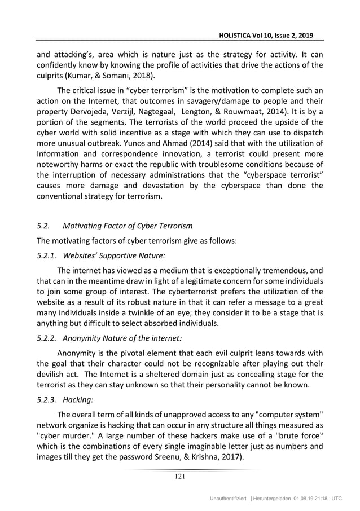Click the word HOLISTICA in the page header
pyautogui.click(x=236, y=34)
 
